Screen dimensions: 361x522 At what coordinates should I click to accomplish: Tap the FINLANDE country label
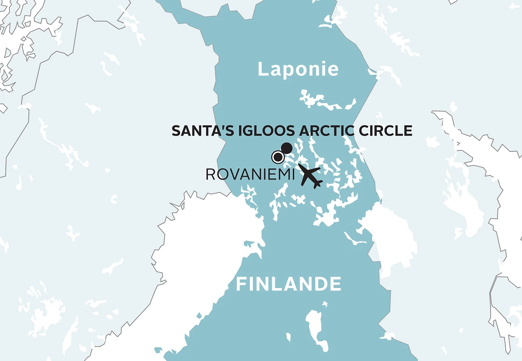[288, 284]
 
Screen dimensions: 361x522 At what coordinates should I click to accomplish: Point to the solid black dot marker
[287, 148]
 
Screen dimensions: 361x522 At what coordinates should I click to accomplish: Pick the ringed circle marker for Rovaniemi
[277, 157]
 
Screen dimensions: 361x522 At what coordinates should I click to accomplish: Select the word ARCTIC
[326, 131]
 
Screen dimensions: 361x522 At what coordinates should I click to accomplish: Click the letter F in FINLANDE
[241, 284]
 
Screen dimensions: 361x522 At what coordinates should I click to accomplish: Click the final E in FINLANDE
[335, 284]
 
